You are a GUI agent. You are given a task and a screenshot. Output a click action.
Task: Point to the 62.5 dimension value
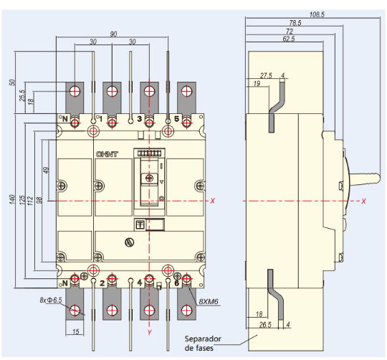click(x=289, y=39)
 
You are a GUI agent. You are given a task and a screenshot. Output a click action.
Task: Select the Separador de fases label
click(x=205, y=342)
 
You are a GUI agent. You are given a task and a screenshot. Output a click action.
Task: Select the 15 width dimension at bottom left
click(x=75, y=331)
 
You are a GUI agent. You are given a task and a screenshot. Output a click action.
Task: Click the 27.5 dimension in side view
click(x=266, y=75)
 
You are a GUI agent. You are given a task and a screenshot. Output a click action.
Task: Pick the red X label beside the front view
click(x=213, y=200)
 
